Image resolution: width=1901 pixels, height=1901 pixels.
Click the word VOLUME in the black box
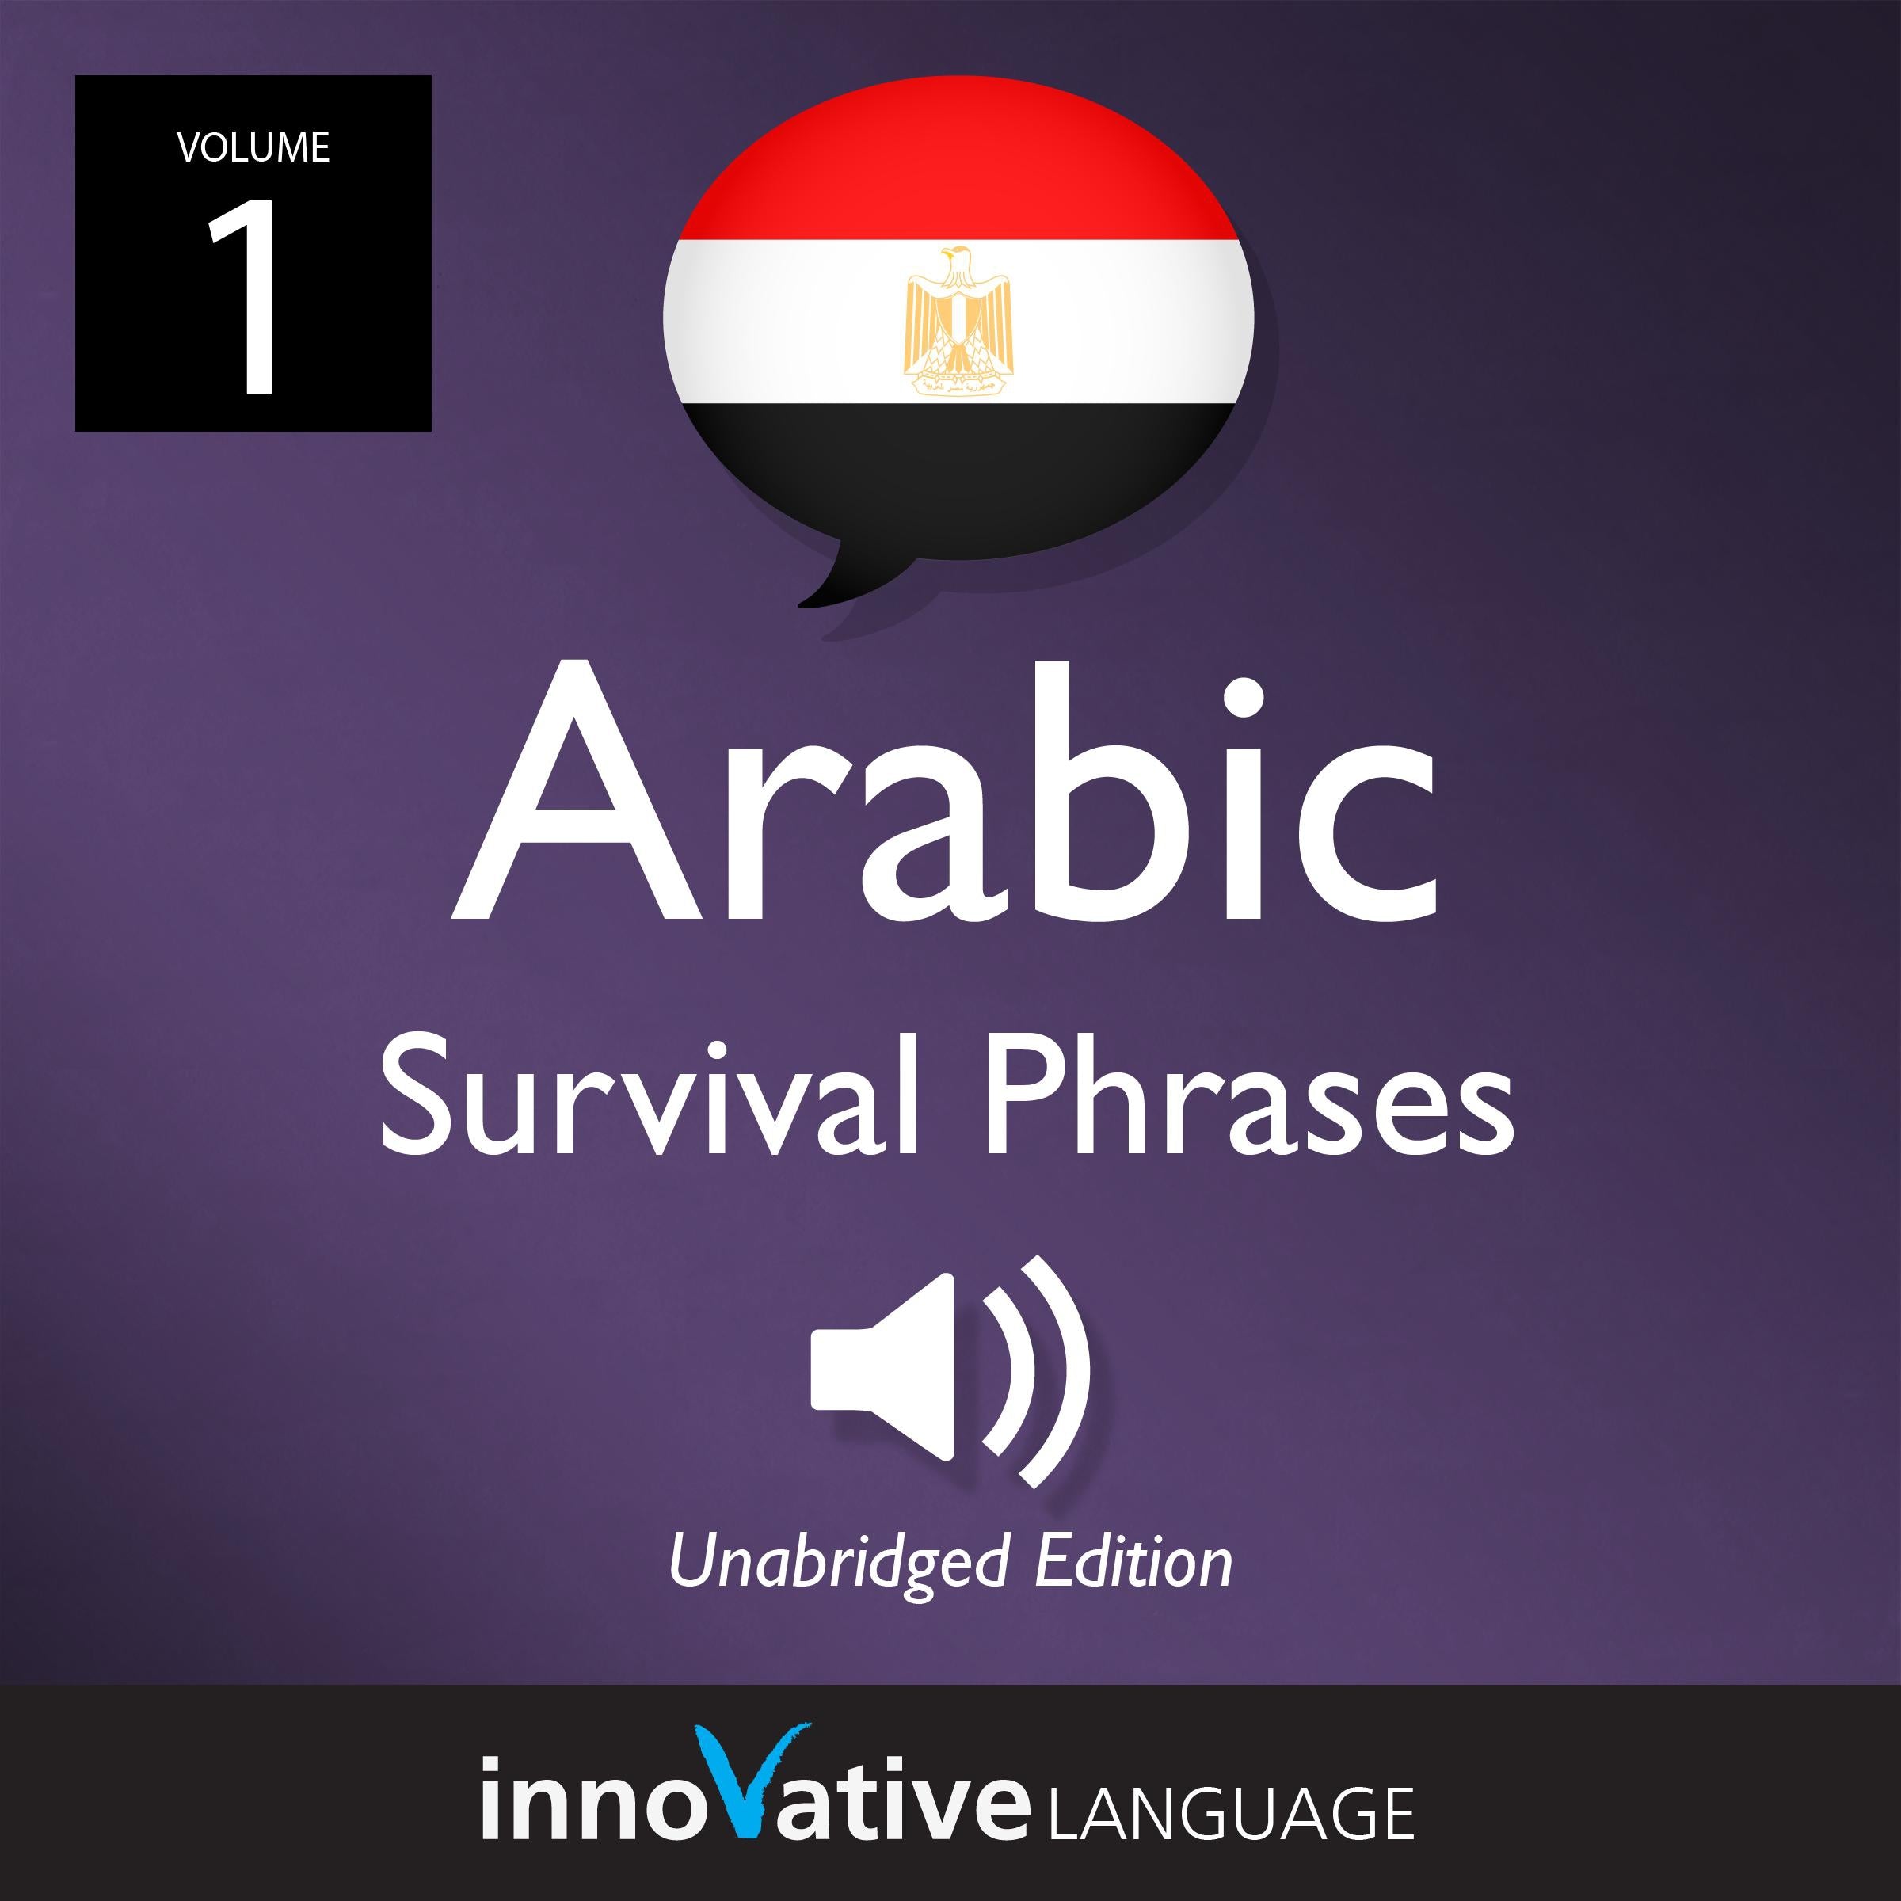click(x=253, y=147)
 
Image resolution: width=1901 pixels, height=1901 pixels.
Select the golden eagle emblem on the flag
click(x=958, y=321)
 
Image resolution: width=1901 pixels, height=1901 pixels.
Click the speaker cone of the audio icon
click(x=886, y=1368)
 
